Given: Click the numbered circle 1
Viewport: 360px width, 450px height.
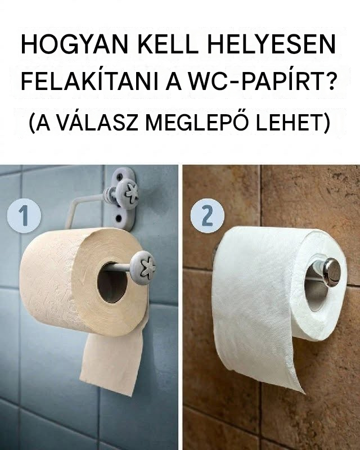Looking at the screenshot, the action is [24, 215].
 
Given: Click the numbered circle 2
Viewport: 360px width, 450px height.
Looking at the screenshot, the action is [208, 215].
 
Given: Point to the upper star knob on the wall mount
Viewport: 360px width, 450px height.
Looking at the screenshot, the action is [127, 192].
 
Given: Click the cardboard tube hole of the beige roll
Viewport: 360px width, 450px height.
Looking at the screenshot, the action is [112, 282].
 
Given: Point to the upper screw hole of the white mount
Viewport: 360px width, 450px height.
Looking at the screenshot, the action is [120, 175].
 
